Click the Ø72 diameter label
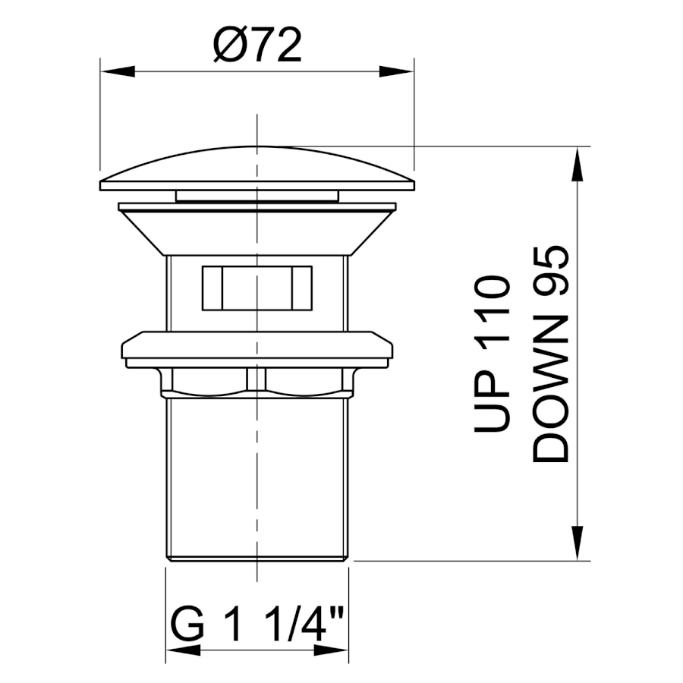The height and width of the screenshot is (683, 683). [257, 46]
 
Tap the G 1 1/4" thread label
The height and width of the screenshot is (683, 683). [257, 623]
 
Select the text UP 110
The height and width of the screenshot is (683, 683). [491, 354]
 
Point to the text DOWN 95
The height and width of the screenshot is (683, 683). [551, 354]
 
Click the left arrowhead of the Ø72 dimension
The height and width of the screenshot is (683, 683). [117, 71]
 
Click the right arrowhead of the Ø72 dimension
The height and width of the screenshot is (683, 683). [396, 71]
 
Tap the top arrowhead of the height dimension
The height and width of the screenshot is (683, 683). [578, 164]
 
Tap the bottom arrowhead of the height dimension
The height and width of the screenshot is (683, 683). [578, 543]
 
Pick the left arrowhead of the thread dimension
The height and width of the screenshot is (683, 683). [183, 650]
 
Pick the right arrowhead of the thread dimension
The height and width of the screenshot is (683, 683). [331, 650]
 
